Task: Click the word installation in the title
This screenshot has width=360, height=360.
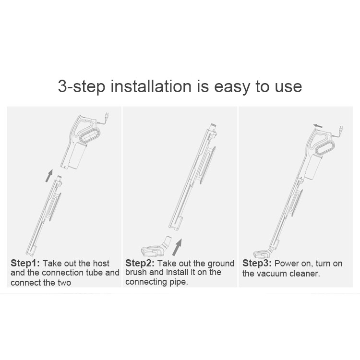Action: click(x=151, y=86)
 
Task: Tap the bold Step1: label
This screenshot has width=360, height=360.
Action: click(x=25, y=263)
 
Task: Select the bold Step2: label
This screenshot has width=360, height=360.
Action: click(x=140, y=263)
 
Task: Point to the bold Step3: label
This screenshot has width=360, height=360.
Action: click(x=257, y=263)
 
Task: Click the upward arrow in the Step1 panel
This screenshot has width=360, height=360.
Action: click(x=49, y=176)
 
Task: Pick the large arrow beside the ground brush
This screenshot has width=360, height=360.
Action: click(x=177, y=247)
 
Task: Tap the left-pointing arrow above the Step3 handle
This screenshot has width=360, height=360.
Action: click(x=318, y=126)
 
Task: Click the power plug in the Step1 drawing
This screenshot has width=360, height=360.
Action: click(x=106, y=116)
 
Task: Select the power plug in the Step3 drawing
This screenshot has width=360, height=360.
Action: click(x=341, y=129)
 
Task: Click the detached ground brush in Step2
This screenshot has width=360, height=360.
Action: click(x=156, y=248)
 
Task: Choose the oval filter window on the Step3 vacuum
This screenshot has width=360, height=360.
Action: click(x=325, y=147)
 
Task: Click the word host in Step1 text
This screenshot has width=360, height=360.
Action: click(x=101, y=264)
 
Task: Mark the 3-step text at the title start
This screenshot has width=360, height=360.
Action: click(x=82, y=87)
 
